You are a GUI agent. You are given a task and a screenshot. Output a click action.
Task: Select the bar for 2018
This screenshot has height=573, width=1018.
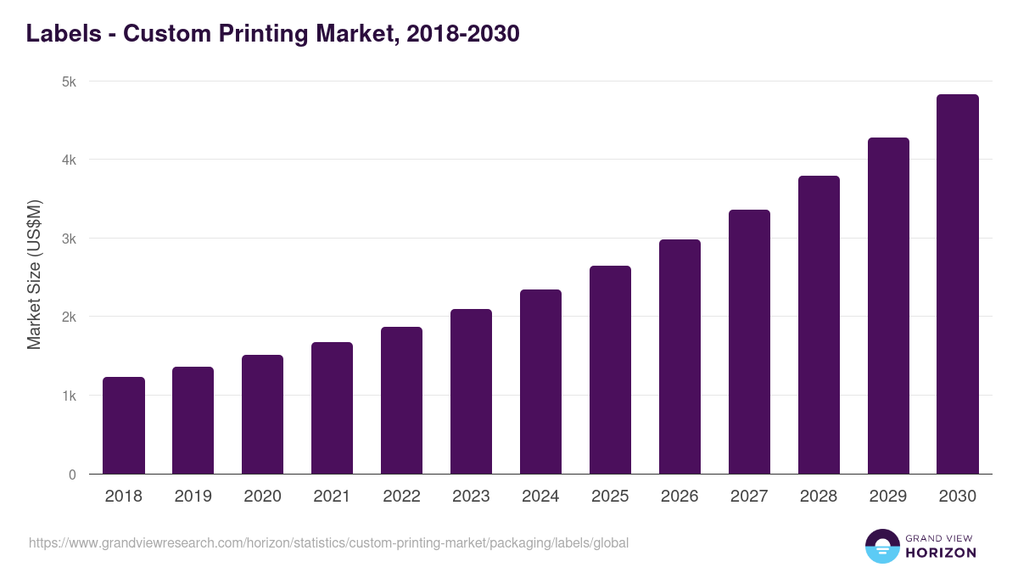pos(124,425)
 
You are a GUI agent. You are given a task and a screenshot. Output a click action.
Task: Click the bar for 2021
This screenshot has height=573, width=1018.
pos(333,408)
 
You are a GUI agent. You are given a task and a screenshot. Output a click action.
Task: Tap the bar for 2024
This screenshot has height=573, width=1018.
pos(541,382)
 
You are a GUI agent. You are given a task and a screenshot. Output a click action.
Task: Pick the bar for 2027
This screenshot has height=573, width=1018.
pos(750,342)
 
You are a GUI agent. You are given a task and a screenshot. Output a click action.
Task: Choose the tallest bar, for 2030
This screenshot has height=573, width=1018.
pos(958,284)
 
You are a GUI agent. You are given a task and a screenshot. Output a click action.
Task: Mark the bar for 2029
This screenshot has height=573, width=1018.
pos(889,306)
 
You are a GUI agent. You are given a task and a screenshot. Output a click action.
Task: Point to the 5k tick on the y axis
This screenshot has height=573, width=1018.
pos(69,82)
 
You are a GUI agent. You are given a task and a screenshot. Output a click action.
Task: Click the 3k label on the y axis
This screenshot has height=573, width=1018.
pos(69,239)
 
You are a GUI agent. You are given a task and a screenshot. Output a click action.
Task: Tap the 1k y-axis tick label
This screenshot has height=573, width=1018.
pos(69,396)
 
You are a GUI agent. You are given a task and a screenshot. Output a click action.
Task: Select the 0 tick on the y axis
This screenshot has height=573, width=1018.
pos(72,475)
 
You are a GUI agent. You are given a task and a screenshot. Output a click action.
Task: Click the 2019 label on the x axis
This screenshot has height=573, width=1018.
pos(193,497)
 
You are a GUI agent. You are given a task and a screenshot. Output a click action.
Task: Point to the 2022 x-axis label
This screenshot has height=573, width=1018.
pos(402,497)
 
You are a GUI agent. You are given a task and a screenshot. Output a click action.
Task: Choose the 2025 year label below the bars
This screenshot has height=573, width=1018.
pos(611,497)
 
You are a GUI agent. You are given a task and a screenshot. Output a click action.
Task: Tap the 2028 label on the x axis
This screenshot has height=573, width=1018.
pos(819,497)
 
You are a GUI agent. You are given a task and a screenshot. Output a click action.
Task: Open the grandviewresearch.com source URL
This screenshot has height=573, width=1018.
pos(329,542)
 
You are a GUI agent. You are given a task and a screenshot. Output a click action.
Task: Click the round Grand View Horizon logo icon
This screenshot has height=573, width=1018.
pos(881,547)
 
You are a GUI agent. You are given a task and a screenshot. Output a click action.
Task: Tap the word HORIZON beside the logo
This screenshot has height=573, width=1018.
pos(941,553)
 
